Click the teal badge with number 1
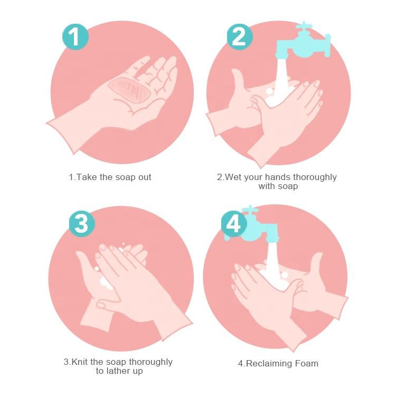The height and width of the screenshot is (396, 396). coord(76,36)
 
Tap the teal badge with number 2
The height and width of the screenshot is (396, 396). coord(240,36)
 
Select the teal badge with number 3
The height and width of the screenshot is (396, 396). coord(82,223)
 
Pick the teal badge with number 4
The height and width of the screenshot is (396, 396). coord(234,223)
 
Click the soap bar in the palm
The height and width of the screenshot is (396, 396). coord(130,90)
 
